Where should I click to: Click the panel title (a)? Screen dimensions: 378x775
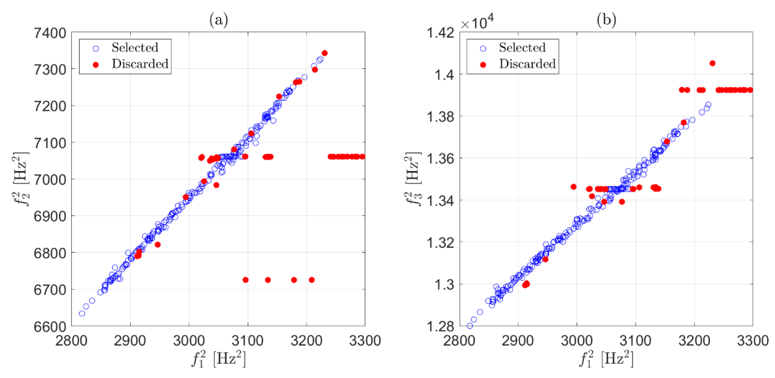pyautogui.click(x=219, y=20)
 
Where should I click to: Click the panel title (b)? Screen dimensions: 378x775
pyautogui.click(x=606, y=20)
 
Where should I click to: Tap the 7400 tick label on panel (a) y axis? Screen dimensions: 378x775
pyautogui.click(x=50, y=33)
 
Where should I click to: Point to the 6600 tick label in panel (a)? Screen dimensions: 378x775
pyautogui.click(x=50, y=326)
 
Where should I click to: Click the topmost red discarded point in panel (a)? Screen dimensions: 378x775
pyautogui.click(x=325, y=53)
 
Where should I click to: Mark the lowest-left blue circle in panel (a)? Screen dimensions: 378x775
pyautogui.click(x=82, y=313)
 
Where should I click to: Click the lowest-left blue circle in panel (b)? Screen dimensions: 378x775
pyautogui.click(x=470, y=326)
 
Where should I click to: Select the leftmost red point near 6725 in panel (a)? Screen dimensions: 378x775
pyautogui.click(x=246, y=280)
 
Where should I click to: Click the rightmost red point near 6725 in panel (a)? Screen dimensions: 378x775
pyautogui.click(x=312, y=280)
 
